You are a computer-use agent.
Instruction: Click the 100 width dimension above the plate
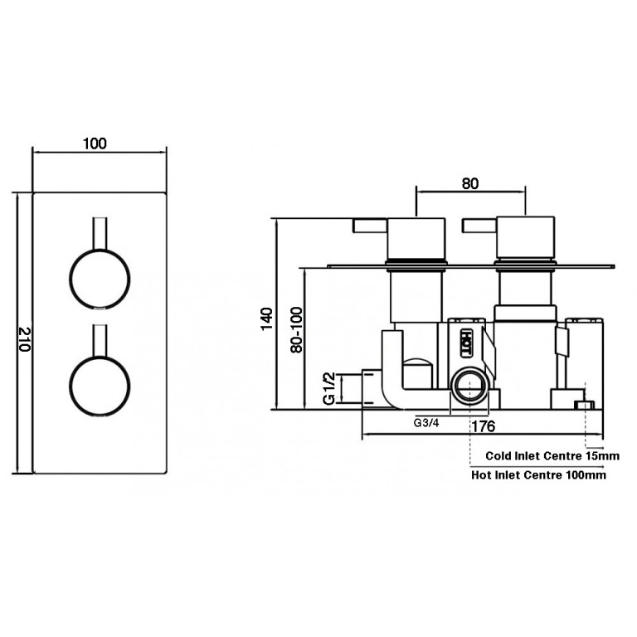[x=95, y=143]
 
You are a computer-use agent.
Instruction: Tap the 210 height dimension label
[x=25, y=338]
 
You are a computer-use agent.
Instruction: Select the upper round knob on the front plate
[x=100, y=280]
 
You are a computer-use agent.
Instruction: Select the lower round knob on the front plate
[x=100, y=386]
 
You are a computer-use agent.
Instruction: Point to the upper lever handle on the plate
[x=100, y=233]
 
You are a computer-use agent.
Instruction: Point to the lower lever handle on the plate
[x=100, y=340]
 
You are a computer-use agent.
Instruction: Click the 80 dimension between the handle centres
[x=470, y=183]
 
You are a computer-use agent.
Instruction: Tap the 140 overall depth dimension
[x=266, y=318]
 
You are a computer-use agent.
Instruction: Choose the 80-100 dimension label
[x=297, y=329]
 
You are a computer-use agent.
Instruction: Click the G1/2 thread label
[x=328, y=388]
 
